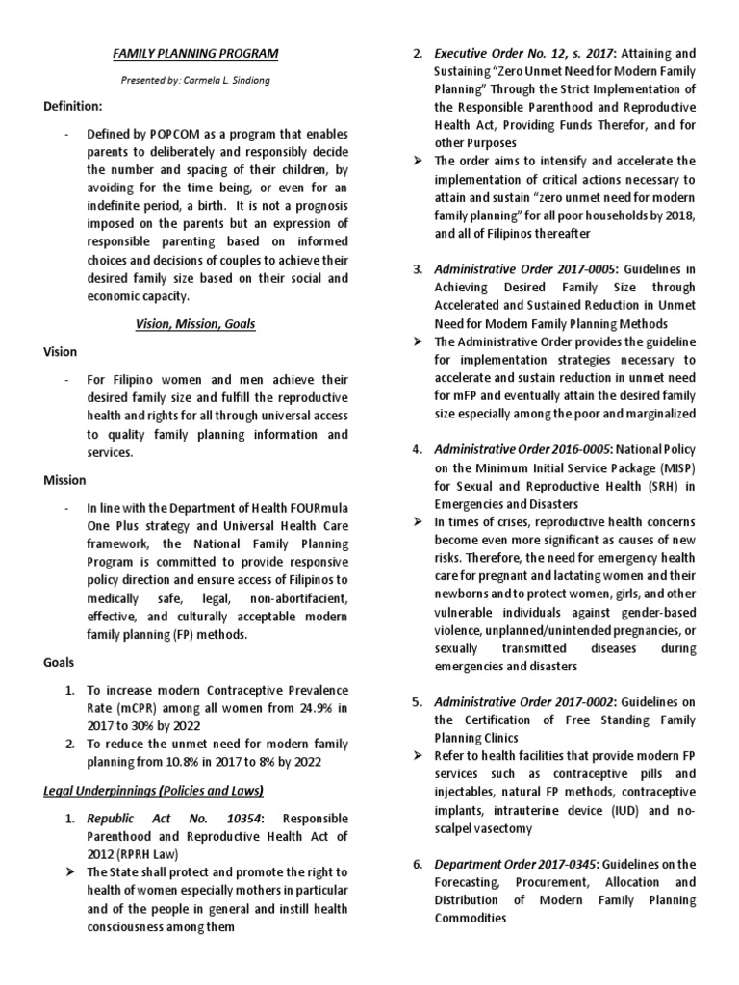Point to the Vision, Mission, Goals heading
195,324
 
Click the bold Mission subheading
64,479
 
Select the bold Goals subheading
60,663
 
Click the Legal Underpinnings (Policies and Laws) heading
153,790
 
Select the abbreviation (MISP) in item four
669,467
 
